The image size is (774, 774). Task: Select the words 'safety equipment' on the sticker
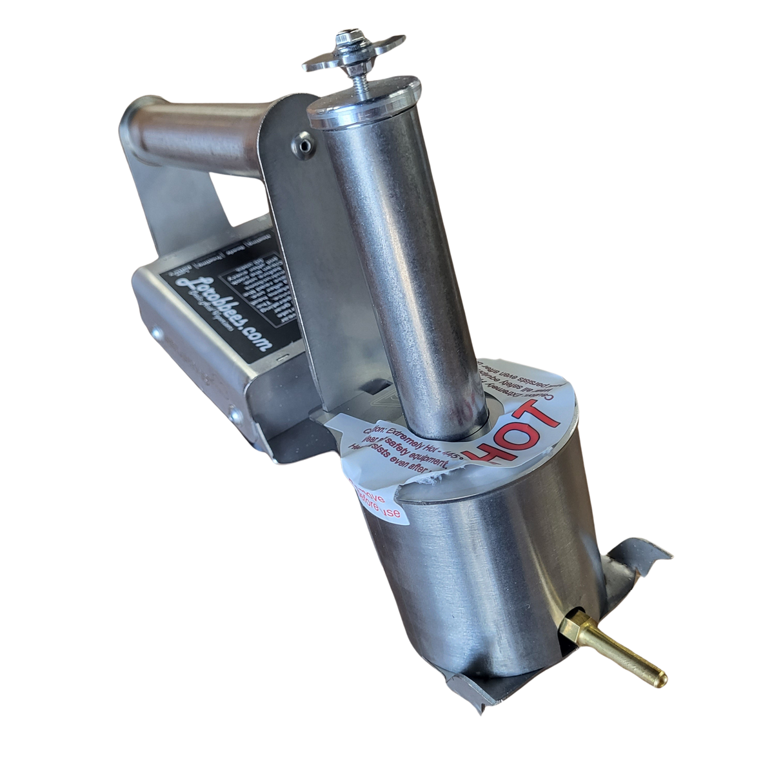pyautogui.click(x=413, y=455)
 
